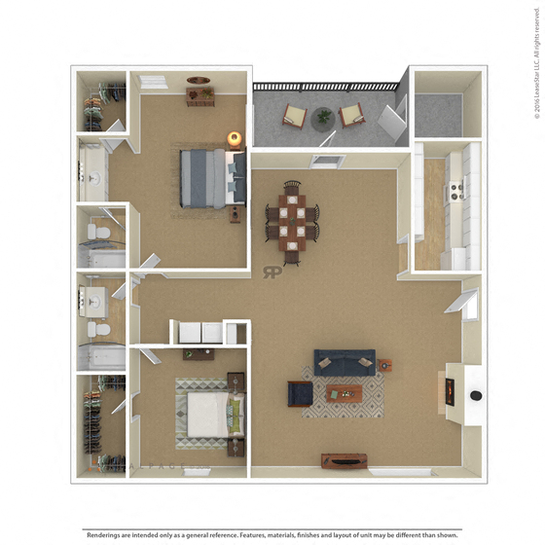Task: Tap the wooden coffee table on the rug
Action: [x=344, y=393]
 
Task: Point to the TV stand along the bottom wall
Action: [x=345, y=461]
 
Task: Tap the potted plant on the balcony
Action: [x=323, y=118]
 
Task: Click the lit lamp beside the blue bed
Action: [x=234, y=139]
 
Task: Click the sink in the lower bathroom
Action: [x=94, y=299]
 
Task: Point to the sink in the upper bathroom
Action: [x=94, y=179]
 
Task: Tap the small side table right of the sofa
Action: [x=386, y=366]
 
